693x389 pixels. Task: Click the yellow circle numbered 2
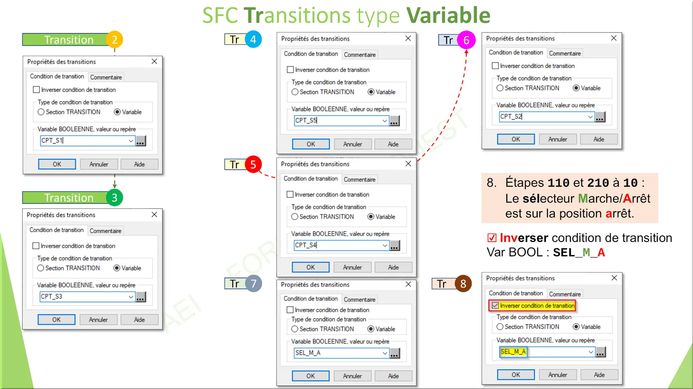pos(115,39)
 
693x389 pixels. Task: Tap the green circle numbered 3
pos(115,198)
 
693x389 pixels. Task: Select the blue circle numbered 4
pos(253,39)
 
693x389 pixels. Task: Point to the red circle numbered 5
pos(253,164)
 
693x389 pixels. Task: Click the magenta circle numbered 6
pos(466,40)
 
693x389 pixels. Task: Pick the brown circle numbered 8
pos(463,284)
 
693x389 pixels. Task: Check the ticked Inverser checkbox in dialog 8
pos(495,306)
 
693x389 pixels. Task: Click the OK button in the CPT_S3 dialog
pos(56,319)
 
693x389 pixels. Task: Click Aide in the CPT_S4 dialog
pos(393,267)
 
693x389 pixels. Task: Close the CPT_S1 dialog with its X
pos(154,61)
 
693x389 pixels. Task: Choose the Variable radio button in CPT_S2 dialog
pos(576,88)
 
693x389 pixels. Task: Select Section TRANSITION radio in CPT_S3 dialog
pos(40,268)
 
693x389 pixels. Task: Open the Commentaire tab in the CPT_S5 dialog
pos(360,55)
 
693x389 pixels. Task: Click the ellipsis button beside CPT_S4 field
pos(395,246)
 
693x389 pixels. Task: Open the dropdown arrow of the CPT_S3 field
pos(131,297)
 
